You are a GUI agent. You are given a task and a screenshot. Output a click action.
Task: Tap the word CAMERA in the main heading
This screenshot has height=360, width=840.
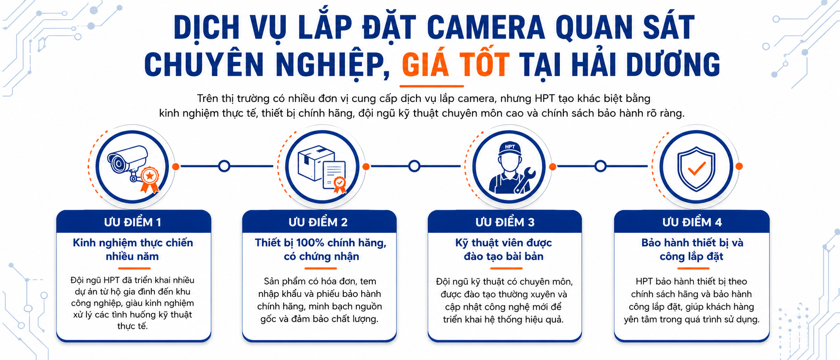tap(486, 27)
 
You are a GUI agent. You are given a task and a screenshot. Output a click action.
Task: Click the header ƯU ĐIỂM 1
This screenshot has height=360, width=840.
tap(132, 222)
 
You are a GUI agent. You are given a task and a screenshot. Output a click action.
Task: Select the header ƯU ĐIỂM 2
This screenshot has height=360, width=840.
tap(318, 222)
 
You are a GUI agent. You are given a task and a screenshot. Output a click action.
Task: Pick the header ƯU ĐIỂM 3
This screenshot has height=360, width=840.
tap(505, 222)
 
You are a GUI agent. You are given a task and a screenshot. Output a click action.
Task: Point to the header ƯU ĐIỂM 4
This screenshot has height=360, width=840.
tap(692, 222)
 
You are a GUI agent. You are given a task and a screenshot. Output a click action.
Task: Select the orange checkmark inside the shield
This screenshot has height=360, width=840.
tap(696, 168)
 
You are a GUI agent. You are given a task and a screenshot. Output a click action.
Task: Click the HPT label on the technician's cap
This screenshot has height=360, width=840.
tap(510, 147)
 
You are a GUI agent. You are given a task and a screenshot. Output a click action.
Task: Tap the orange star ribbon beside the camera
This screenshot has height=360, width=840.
tap(149, 179)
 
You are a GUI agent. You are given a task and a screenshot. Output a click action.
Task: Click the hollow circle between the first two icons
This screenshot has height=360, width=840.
tap(224, 166)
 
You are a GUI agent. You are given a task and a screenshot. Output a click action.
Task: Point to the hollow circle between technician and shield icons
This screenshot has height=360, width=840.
tap(601, 166)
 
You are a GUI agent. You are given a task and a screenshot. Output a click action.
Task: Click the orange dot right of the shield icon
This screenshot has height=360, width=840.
tap(739, 166)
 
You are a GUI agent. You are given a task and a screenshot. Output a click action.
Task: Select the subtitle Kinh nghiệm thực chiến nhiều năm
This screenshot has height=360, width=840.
tap(132, 250)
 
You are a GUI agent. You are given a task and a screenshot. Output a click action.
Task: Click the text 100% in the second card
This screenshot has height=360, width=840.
tap(310, 243)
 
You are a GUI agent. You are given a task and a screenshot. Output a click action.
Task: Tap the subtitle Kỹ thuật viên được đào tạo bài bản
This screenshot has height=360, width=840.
tap(504, 250)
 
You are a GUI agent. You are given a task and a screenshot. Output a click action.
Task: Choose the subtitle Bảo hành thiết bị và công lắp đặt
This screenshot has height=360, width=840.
tap(692, 250)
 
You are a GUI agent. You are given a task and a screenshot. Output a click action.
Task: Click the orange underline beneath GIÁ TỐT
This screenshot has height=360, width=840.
tap(432, 86)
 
